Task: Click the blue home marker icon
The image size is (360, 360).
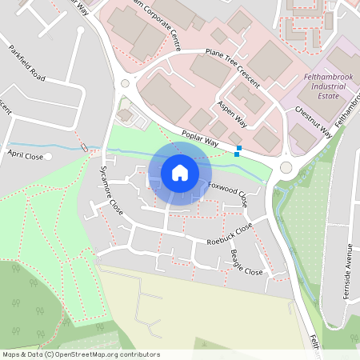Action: point(180,173)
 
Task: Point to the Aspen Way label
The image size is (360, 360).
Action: point(232,114)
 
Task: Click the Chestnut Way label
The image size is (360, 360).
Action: point(313,122)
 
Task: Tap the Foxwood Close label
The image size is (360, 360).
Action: point(228,194)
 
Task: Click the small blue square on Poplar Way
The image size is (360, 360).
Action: point(238,148)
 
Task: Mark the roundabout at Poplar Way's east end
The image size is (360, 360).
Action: point(286,167)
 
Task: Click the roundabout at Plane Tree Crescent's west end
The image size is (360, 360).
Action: point(124,83)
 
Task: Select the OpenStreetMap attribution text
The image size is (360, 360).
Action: point(80,354)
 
